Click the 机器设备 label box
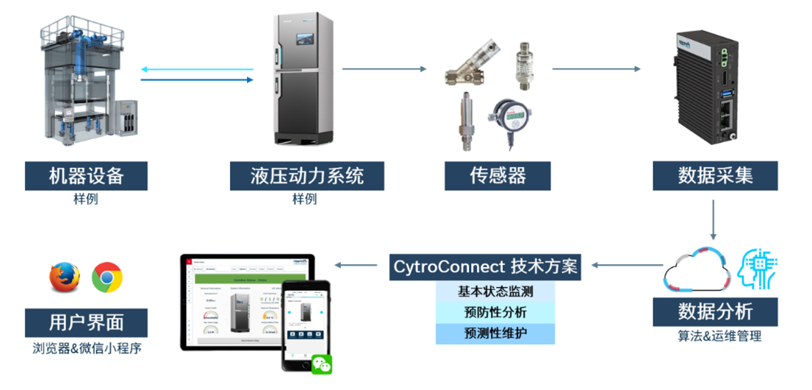pyautogui.click(x=86, y=176)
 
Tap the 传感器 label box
pyautogui.click(x=497, y=176)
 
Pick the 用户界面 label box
pyautogui.click(x=86, y=322)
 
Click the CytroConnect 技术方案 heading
pyautogui.click(x=486, y=266)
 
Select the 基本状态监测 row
pyautogui.click(x=495, y=291)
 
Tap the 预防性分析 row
pyautogui.click(x=495, y=313)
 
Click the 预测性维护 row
pyautogui.click(x=495, y=333)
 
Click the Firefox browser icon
pyautogui.click(x=64, y=277)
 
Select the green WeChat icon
pyautogui.click(x=321, y=364)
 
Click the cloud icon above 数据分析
pyautogui.click(x=695, y=272)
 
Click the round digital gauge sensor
pyautogui.click(x=512, y=116)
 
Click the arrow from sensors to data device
pyautogui.click(x=596, y=70)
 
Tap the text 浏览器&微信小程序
pyautogui.click(x=87, y=348)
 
